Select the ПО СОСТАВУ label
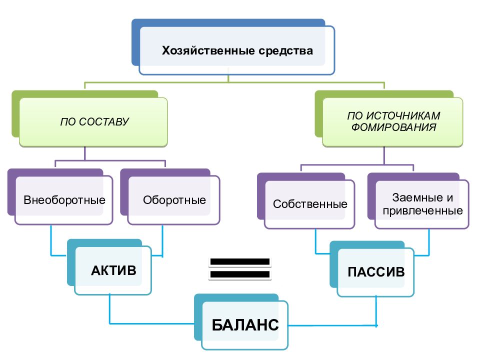(x=94, y=122)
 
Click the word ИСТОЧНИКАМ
(x=403, y=115)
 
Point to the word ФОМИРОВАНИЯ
(x=393, y=127)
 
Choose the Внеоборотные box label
(x=64, y=200)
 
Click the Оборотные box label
(x=174, y=200)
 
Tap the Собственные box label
(x=310, y=204)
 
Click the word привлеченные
(x=423, y=211)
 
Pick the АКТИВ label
(x=113, y=270)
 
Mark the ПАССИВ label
(x=376, y=272)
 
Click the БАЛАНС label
(x=245, y=325)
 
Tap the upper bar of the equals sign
(x=240, y=261)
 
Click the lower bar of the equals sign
(x=240, y=274)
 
